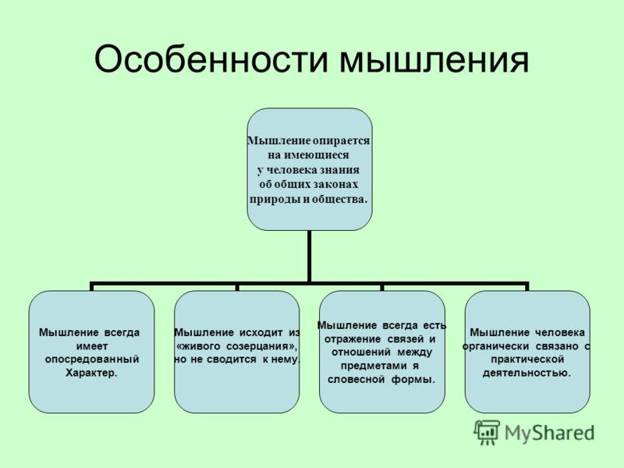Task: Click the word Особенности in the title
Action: pyautogui.click(x=211, y=60)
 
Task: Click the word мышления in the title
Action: pyautogui.click(x=434, y=61)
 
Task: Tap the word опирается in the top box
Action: pyautogui.click(x=341, y=141)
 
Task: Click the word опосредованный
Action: pyautogui.click(x=92, y=360)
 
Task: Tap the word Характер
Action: pyautogui.click(x=91, y=373)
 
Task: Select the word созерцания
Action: pyautogui.click(x=262, y=346)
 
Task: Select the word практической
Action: pyautogui.click(x=527, y=360)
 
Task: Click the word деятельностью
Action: pyautogui.click(x=527, y=374)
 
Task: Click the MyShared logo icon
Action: pyautogui.click(x=486, y=432)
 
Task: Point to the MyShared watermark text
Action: pyautogui.click(x=549, y=433)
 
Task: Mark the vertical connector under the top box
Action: pyautogui.click(x=309, y=257)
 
